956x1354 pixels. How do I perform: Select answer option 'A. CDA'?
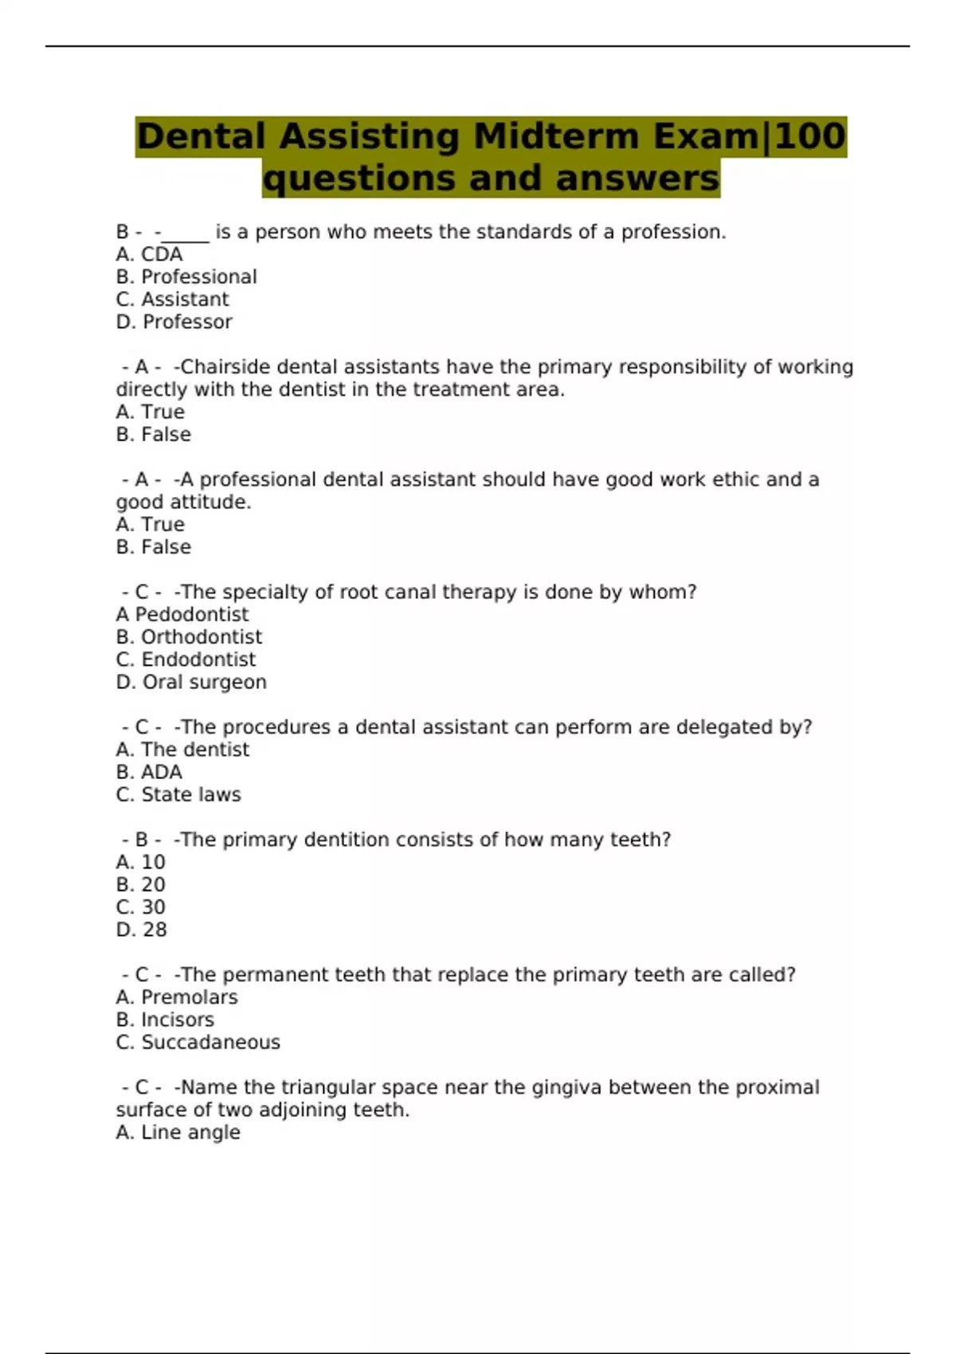pos(149,254)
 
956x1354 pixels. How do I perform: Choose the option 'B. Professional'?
pos(186,276)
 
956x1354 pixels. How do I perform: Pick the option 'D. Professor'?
pos(174,322)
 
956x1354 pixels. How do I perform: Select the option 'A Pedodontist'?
pos(182,614)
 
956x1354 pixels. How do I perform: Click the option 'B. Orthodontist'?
pos(189,637)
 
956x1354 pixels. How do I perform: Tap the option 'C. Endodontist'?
pos(186,659)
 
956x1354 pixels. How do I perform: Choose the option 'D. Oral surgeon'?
pos(191,682)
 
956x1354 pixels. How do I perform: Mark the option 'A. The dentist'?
pos(182,749)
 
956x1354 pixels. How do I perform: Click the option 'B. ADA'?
pos(149,772)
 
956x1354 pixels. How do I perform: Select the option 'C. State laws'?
pos(178,794)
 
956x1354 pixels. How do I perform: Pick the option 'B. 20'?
pos(141,884)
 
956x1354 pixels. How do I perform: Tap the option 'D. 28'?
pos(142,929)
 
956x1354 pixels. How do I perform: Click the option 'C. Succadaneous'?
pos(198,1042)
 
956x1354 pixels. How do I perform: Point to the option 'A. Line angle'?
pos(178,1132)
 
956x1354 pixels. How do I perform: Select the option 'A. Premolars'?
pos(177,997)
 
